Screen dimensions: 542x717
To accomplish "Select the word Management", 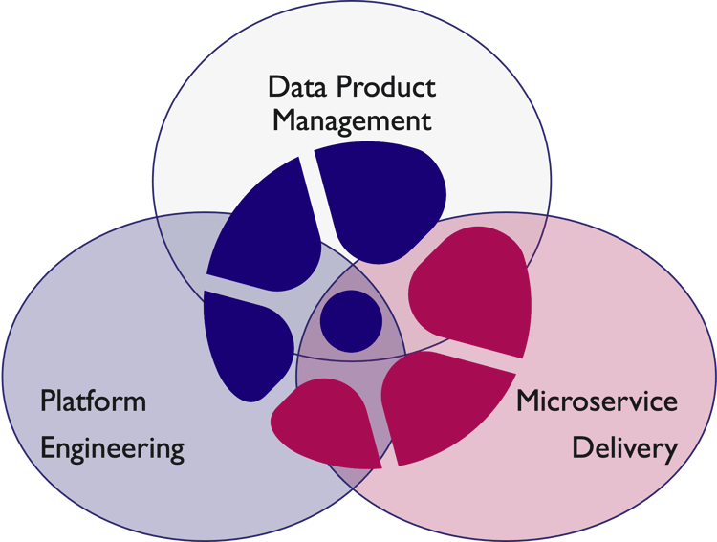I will click(x=352, y=122).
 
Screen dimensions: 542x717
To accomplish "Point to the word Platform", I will click(x=93, y=400).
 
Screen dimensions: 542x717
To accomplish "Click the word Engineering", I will click(x=112, y=447).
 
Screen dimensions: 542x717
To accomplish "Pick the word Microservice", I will click(x=597, y=401).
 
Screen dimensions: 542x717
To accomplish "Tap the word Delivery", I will click(x=624, y=447).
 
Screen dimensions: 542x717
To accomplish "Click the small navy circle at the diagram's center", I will click(x=351, y=319).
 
